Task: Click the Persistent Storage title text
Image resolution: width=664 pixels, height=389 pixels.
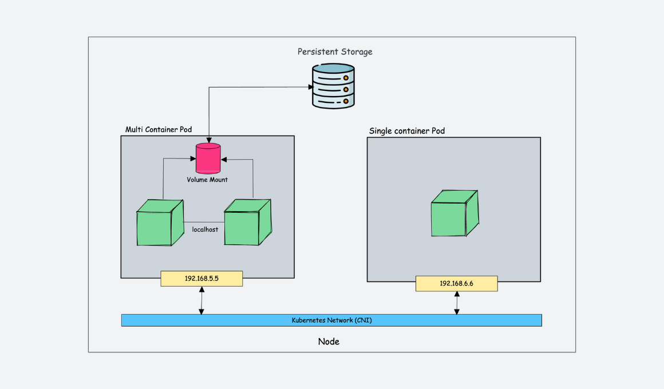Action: (335, 52)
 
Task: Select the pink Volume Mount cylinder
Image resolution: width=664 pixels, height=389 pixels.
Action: (208, 158)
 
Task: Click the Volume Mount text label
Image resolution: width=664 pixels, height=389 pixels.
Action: (207, 180)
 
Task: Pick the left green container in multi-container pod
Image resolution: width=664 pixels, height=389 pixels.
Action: (160, 223)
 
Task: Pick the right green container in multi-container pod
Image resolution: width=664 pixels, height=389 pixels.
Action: (247, 223)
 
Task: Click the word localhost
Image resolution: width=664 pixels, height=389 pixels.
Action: (205, 229)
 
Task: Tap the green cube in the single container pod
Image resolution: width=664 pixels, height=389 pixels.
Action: (453, 213)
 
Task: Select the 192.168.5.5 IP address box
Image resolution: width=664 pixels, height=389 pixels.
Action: (201, 279)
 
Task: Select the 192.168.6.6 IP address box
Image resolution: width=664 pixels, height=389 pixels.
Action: (456, 284)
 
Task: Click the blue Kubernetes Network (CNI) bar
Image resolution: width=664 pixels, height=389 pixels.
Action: (331, 320)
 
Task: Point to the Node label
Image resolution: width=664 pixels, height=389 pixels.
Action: (329, 342)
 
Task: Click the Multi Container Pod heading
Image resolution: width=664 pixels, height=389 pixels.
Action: (159, 130)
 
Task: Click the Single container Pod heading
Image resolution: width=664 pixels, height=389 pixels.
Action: (407, 131)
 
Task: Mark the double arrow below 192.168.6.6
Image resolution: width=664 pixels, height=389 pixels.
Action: (456, 303)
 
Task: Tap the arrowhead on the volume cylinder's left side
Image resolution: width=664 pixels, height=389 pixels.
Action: (192, 158)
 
